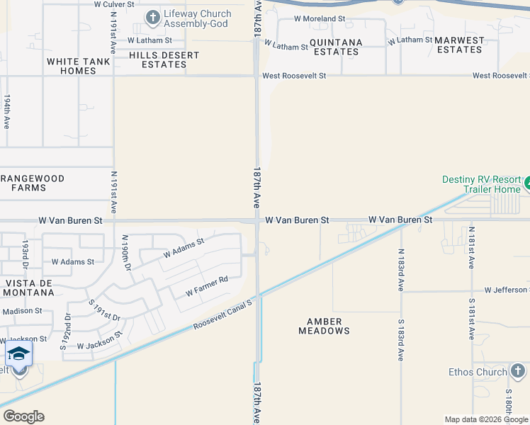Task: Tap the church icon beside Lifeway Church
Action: tap(152, 17)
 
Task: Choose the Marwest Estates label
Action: tap(459, 45)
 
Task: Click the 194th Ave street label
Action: tap(7, 111)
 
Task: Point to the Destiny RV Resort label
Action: tap(482, 184)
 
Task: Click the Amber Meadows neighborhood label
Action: tap(324, 326)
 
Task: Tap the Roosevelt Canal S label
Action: tap(222, 316)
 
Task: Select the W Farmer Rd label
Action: tap(206, 285)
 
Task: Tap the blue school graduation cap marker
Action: tap(18, 353)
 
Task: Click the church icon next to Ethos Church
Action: tap(518, 370)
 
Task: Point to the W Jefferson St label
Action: tap(506, 290)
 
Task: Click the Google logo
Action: tap(23, 416)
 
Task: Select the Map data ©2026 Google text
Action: tap(485, 419)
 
